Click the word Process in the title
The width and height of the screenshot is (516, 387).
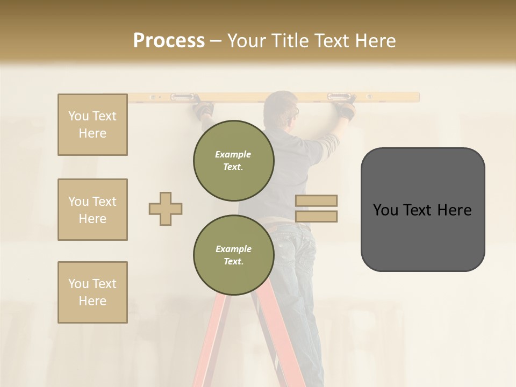169,40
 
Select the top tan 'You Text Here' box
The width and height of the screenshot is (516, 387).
92,125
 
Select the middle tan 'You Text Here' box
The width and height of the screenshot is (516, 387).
92,210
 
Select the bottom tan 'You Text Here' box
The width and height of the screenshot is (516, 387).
92,292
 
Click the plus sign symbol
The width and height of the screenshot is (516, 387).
166,209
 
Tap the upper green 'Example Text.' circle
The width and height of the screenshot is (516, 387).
233,160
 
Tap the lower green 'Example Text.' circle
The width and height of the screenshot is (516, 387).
233,255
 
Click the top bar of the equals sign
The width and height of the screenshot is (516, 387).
316,200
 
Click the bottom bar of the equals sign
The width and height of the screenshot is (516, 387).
316,216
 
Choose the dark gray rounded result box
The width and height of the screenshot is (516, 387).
422,210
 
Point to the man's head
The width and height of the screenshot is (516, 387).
281,107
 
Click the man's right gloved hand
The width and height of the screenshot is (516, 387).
346,110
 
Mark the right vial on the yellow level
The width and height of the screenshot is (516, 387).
337,97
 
